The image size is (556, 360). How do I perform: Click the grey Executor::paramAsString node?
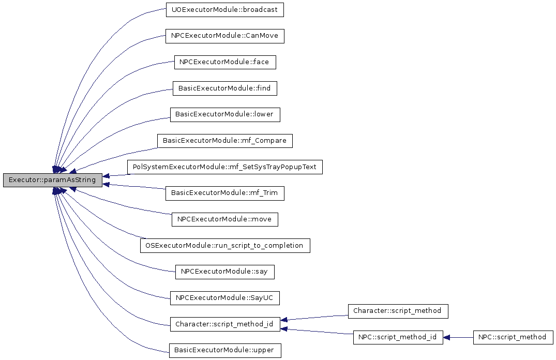point(52,180)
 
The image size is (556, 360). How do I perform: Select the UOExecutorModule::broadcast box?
point(225,10)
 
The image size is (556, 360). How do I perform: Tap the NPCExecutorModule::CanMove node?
point(225,36)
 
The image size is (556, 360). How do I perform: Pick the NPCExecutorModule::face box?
point(225,62)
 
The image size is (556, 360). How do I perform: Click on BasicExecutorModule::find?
point(225,88)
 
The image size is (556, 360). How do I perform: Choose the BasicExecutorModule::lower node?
point(225,114)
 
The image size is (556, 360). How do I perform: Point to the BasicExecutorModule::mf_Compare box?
point(225,141)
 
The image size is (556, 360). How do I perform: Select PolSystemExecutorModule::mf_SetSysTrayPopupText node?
point(225,167)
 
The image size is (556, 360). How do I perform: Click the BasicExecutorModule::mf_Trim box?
point(225,193)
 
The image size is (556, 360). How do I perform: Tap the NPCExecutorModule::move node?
point(225,219)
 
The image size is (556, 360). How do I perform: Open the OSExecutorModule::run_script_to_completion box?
point(225,246)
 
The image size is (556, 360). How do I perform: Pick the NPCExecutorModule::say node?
point(225,272)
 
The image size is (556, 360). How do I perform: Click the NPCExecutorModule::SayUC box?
point(225,298)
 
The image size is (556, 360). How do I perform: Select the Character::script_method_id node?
point(225,324)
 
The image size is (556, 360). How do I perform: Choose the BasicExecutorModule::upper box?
point(225,350)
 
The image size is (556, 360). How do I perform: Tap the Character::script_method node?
point(398,311)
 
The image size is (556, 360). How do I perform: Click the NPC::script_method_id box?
point(398,337)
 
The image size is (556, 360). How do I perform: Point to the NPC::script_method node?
point(513,337)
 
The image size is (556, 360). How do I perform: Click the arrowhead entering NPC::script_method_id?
point(447,337)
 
